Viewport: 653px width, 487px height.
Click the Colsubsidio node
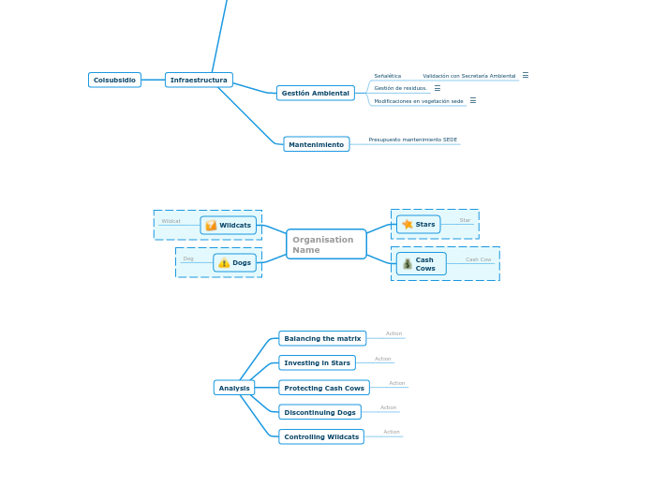[114, 81]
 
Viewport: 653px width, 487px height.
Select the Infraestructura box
[199, 81]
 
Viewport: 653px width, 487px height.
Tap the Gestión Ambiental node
[316, 94]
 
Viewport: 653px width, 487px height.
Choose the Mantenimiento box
[316, 144]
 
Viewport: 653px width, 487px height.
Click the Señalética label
[387, 76]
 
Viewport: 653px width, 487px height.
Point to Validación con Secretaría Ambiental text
[468, 76]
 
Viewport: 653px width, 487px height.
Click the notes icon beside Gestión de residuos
[437, 88]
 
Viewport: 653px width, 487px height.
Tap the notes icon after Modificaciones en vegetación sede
[472, 100]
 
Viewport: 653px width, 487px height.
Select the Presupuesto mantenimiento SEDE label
[412, 140]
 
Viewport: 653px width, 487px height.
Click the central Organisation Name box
[326, 244]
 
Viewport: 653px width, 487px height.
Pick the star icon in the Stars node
[408, 225]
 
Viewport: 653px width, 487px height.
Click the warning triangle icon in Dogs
[224, 263]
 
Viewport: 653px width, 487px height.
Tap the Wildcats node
[228, 226]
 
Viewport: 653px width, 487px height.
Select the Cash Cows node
[421, 264]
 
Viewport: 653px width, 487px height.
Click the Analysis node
[233, 388]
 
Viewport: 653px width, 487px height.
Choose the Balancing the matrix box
[322, 338]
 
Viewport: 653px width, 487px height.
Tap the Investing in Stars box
[317, 362]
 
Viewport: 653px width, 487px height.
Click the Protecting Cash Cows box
[324, 388]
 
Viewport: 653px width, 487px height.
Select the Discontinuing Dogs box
[319, 412]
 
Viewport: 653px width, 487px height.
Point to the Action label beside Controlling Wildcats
[392, 432]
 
